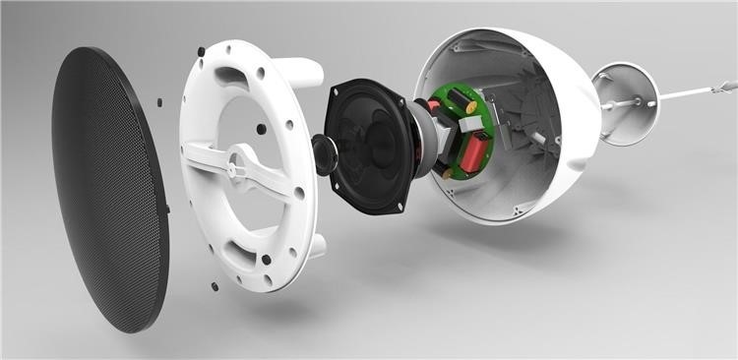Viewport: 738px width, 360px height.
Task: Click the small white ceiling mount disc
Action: pyautogui.click(x=626, y=102)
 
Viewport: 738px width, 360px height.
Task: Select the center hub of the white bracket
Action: pyautogui.click(x=236, y=168)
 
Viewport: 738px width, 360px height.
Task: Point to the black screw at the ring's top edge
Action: pyautogui.click(x=201, y=50)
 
